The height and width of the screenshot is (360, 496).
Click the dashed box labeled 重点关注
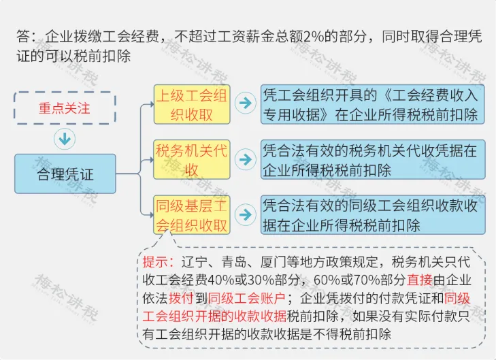pos(65,108)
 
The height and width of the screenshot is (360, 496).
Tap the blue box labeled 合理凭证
pos(65,175)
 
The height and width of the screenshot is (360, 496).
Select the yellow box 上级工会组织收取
pos(191,104)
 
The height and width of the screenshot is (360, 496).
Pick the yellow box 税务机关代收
pos(191,159)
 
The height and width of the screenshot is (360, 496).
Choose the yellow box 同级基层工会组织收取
pos(191,214)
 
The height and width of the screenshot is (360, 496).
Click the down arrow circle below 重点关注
pos(65,139)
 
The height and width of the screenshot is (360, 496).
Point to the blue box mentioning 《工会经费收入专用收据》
pos(372,104)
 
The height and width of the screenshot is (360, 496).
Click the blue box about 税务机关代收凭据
pos(372,159)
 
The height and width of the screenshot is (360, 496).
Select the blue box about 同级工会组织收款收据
pos(372,214)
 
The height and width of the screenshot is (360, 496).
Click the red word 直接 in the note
pos(420,280)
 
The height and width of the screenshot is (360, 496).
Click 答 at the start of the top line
pos(23,36)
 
